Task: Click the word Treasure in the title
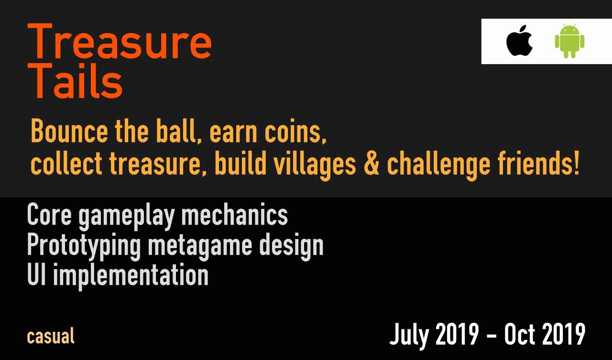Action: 120,41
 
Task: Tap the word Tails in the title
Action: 75,80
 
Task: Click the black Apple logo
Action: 519,41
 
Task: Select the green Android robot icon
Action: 569,41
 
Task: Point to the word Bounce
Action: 69,131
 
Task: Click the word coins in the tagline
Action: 295,131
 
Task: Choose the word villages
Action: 315,165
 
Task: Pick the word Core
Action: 49,214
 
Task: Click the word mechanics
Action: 235,214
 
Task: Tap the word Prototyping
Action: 84,246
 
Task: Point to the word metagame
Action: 200,247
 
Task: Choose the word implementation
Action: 131,276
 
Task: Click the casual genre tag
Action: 51,336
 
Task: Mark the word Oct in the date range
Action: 519,334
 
